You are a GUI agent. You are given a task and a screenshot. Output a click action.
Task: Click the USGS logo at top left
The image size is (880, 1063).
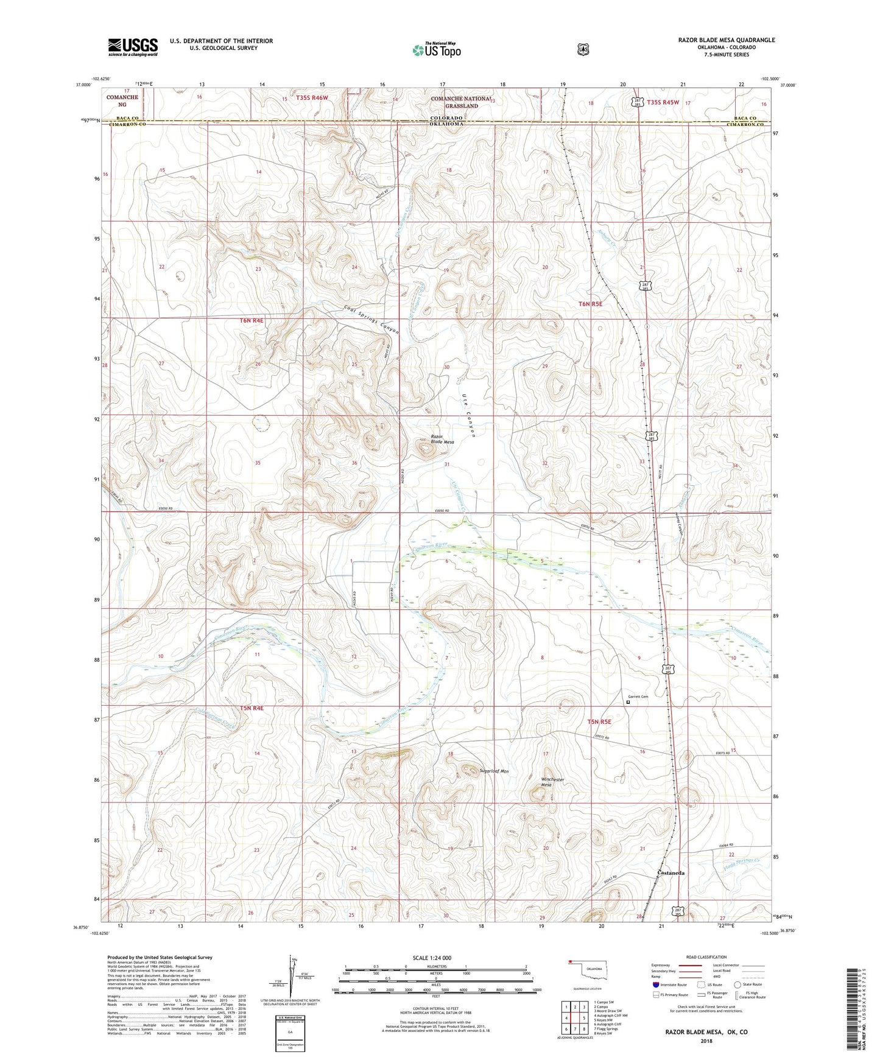point(133,47)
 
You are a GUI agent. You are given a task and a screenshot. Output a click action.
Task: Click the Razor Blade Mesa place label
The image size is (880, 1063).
point(442,440)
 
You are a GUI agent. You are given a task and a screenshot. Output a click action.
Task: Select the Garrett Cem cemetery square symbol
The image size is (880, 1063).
point(628,702)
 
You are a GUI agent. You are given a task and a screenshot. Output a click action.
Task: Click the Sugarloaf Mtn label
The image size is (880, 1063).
point(494,771)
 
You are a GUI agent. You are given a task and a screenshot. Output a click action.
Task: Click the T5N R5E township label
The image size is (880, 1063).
point(599,722)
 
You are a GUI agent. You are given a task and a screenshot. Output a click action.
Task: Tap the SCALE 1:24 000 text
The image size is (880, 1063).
point(432,958)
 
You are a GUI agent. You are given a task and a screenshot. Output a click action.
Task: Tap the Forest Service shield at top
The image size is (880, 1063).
point(583,49)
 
